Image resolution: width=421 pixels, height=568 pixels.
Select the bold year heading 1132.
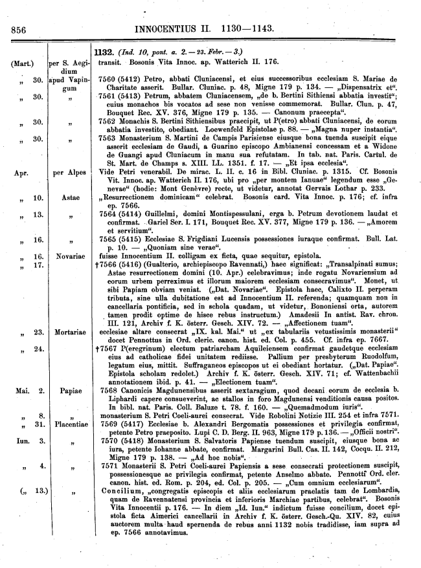[104, 52]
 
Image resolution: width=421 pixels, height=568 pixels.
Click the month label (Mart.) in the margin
[23, 63]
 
